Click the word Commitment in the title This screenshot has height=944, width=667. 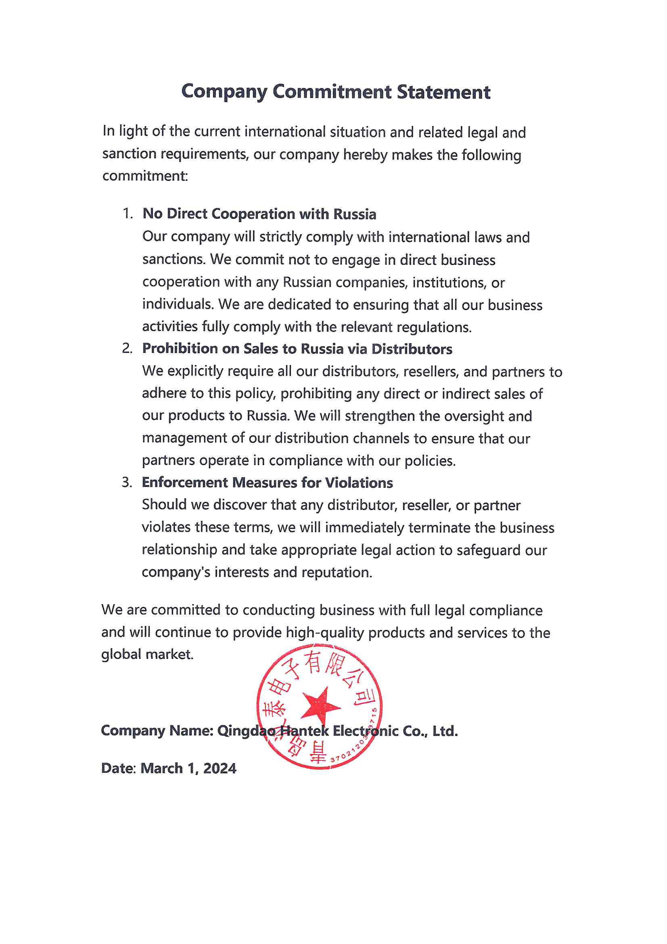332,91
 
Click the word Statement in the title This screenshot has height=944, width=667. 443,92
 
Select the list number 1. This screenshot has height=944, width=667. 128,213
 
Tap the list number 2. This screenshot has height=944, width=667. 127,348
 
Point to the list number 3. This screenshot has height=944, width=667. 127,482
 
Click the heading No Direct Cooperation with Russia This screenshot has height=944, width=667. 259,214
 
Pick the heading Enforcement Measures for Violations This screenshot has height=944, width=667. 267,482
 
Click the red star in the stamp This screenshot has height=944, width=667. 320,705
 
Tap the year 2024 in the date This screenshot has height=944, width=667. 220,768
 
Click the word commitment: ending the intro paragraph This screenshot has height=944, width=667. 145,176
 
